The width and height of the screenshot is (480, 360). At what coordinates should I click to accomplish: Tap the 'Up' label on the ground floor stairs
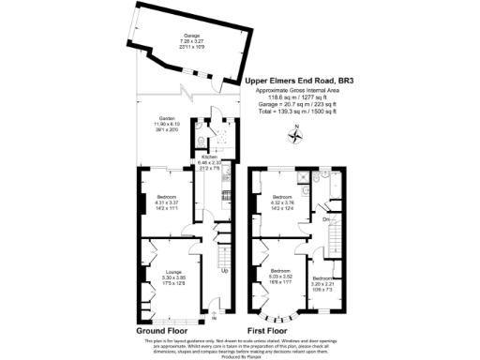tap(223, 272)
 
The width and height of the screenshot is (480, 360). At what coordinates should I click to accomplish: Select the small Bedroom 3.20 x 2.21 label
tap(322, 282)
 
